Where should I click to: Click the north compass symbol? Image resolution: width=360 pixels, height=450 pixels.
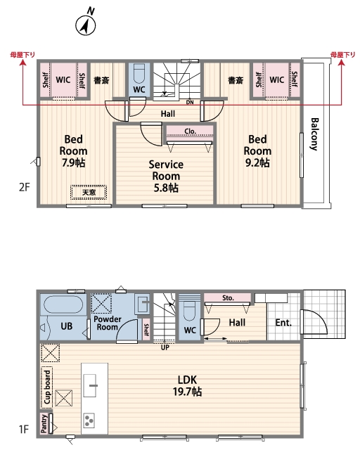[86, 22]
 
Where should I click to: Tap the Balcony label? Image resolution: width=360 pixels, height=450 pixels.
[314, 134]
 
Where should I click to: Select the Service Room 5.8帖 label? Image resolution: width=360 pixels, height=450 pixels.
[166, 176]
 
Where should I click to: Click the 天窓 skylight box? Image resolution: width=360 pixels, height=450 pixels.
[89, 192]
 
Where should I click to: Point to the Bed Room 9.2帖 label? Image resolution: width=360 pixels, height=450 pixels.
[257, 151]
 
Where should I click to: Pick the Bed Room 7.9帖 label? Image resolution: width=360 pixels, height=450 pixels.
[74, 151]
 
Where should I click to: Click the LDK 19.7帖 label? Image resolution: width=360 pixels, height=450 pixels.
[187, 386]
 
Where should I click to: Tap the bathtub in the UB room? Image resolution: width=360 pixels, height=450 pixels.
[63, 304]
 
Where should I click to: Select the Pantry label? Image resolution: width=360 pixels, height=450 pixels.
[44, 423]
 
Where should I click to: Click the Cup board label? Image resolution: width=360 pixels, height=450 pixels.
[47, 387]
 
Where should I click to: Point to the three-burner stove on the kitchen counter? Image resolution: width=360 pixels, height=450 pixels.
[89, 420]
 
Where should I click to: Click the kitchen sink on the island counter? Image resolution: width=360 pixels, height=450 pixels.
[90, 386]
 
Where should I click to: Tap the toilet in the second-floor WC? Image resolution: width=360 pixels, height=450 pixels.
[139, 74]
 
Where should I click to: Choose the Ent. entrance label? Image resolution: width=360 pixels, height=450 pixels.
[283, 323]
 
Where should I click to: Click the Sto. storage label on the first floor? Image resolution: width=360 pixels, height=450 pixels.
[228, 298]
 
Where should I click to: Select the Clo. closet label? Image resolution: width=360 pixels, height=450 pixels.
[190, 131]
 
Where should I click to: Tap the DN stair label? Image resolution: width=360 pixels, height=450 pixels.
[190, 102]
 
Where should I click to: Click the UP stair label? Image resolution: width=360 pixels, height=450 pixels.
[165, 347]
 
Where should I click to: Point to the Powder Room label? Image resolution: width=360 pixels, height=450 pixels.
[108, 323]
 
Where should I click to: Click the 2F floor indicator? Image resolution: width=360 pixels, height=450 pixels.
[25, 187]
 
